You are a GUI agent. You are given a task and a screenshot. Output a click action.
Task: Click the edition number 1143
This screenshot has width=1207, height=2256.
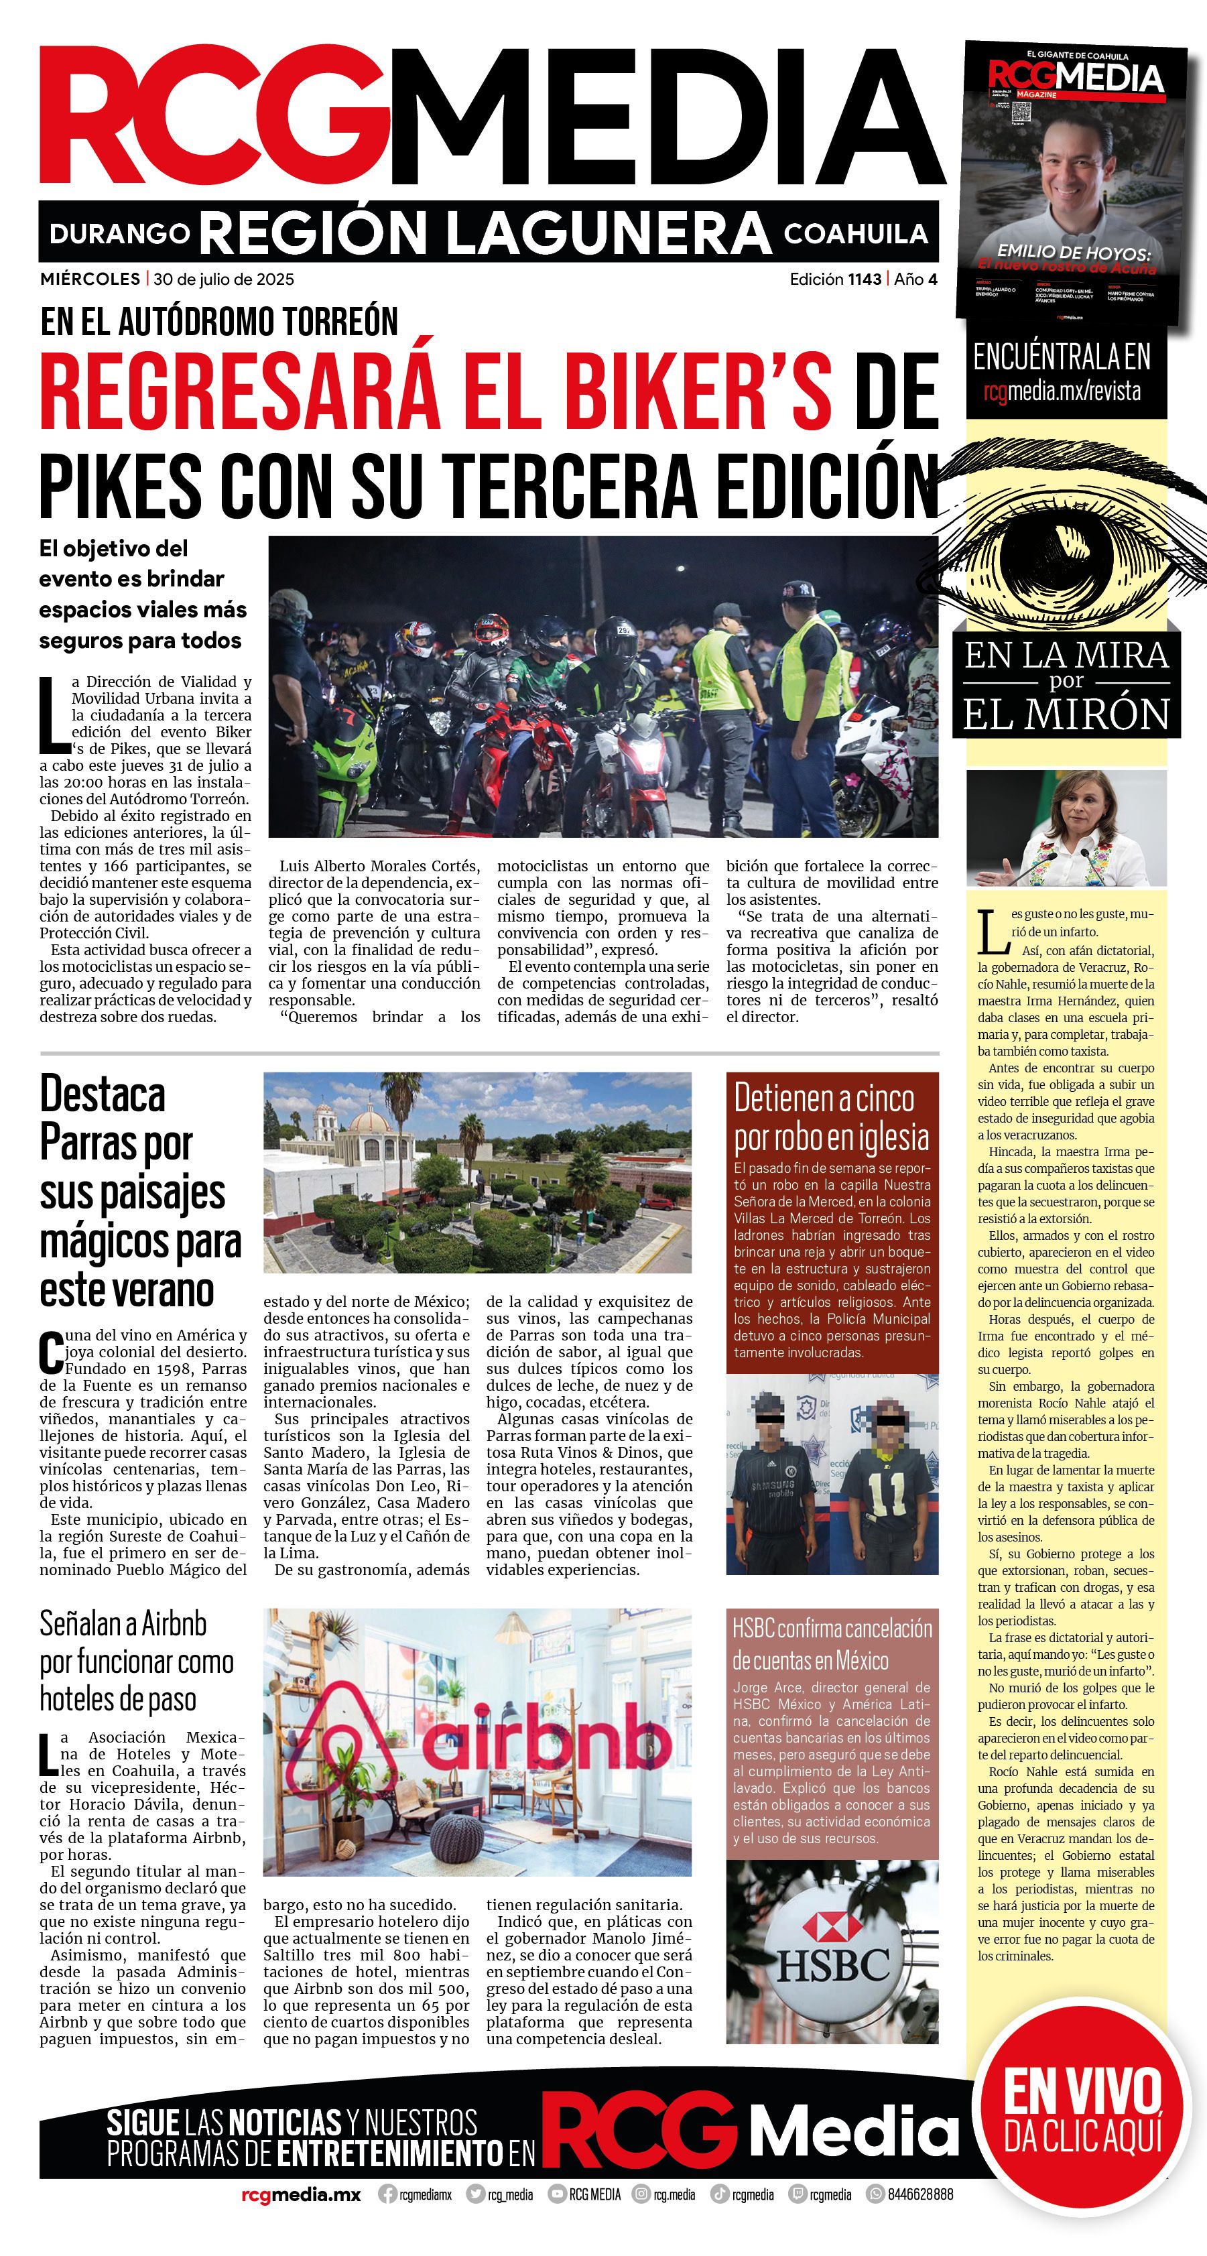[864, 279]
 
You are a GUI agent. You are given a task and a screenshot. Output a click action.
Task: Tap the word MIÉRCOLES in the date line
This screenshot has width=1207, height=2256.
[89, 279]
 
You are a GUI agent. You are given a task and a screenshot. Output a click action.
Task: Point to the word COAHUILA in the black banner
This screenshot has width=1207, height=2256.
[855, 234]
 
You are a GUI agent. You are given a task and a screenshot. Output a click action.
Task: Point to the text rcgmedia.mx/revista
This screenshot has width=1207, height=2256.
[1062, 391]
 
